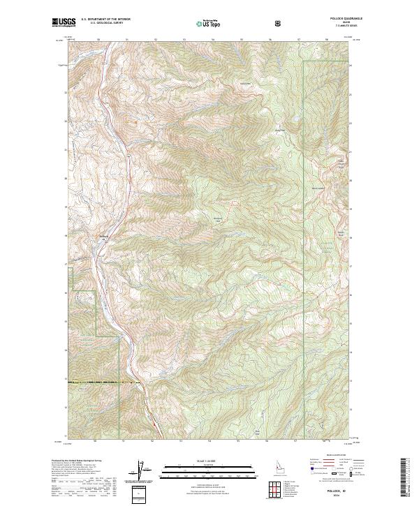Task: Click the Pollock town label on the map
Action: click(103, 234)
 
